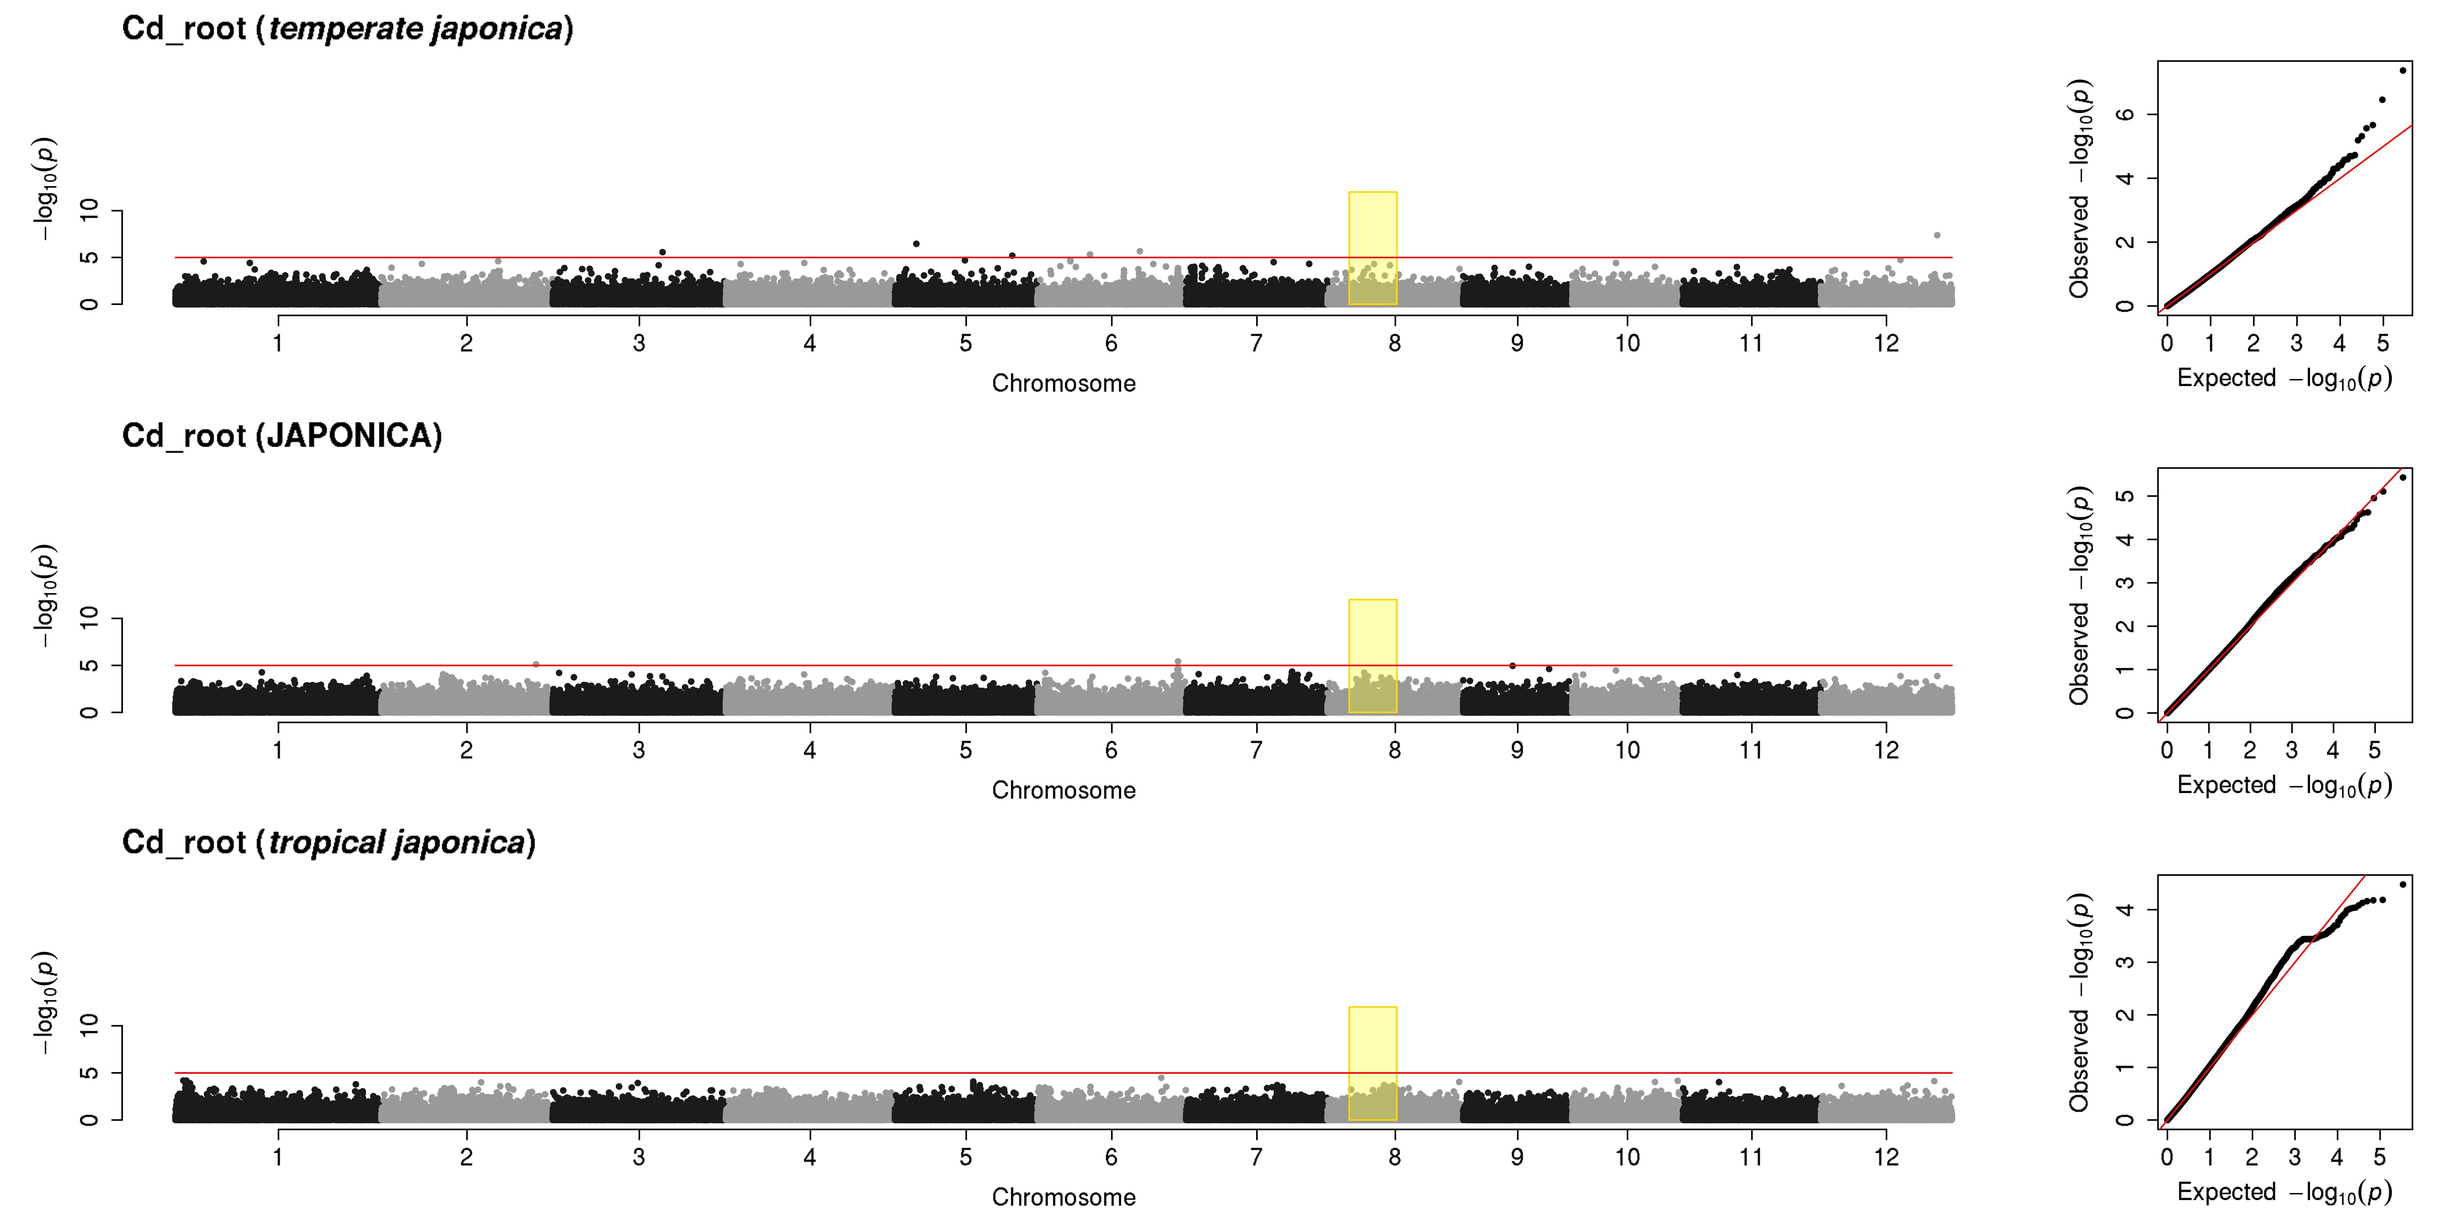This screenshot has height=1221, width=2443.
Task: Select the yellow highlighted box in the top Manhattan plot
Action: [x=1372, y=248]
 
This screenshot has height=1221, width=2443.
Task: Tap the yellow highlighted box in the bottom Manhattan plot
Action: [x=1372, y=1063]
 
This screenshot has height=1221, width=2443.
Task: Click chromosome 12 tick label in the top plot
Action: [x=1885, y=343]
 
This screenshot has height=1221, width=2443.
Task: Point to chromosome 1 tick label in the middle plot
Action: [x=278, y=750]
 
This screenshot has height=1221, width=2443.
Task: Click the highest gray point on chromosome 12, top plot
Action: [x=1937, y=235]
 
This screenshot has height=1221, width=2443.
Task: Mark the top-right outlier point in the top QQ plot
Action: [x=2402, y=70]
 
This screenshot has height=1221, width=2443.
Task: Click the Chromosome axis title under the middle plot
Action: [x=1063, y=791]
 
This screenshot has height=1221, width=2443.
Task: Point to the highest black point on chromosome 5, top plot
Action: [x=916, y=244]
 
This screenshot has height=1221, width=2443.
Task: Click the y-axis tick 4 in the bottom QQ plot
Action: [x=2125, y=910]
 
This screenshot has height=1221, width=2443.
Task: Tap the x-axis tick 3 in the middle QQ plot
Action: [x=2291, y=750]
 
